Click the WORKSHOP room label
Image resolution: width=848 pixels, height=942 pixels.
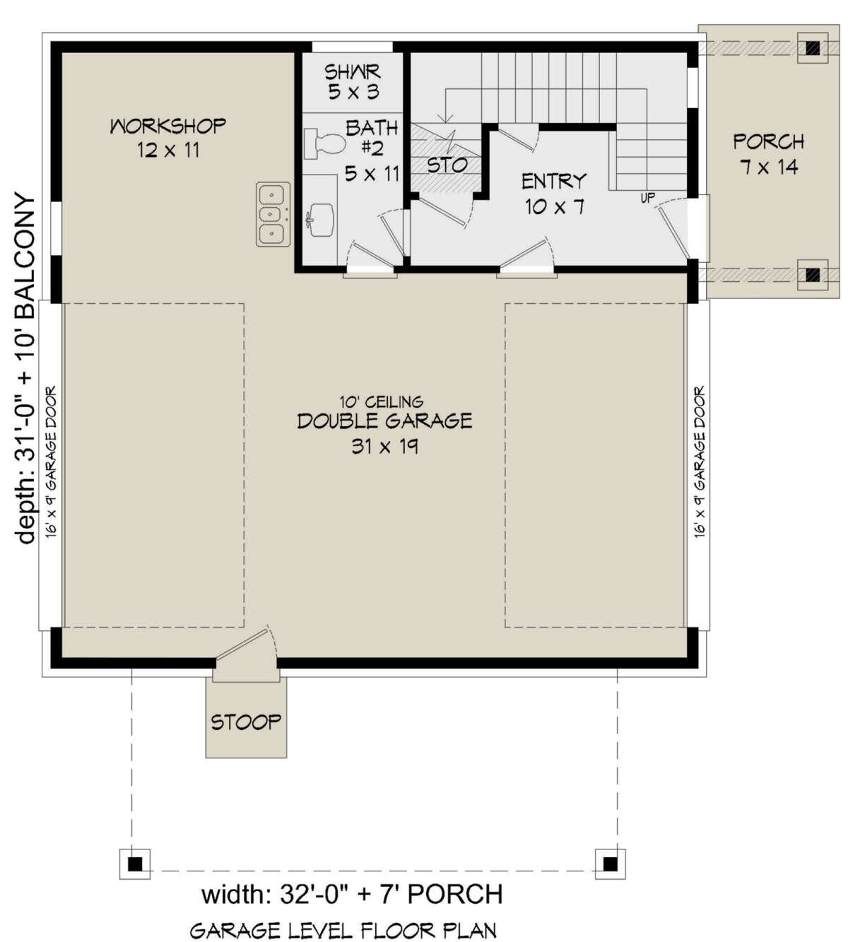click(x=168, y=126)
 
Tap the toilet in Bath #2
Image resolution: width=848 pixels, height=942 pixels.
click(x=322, y=144)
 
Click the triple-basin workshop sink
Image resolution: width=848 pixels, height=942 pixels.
click(x=273, y=214)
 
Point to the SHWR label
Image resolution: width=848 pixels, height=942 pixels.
click(x=353, y=72)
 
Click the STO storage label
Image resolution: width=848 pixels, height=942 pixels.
click(x=447, y=165)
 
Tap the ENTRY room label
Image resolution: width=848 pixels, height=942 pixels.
click(x=554, y=182)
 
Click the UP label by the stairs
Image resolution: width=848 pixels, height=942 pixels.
click(x=647, y=199)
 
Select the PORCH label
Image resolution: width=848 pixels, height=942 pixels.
click(x=768, y=142)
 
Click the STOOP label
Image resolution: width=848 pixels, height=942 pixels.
click(x=246, y=722)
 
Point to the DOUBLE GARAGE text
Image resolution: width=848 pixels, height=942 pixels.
click(x=384, y=422)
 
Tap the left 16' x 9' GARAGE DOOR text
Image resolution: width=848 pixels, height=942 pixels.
click(x=51, y=462)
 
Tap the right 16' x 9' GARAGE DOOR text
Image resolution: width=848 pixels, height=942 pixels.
click(x=700, y=462)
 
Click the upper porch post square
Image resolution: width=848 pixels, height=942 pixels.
click(x=813, y=48)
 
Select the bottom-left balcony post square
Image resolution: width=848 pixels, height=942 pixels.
click(x=136, y=863)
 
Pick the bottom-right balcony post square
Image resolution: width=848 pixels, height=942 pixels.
click(x=610, y=863)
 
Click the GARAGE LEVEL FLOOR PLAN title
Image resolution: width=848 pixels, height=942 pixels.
click(x=343, y=931)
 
